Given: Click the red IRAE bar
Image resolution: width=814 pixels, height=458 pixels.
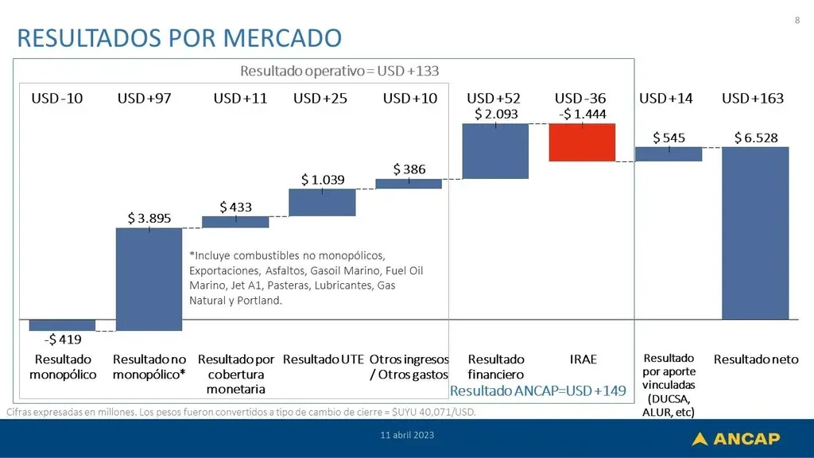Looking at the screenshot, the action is tap(582, 142).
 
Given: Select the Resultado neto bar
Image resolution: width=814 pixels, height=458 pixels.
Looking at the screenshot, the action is tap(755, 233).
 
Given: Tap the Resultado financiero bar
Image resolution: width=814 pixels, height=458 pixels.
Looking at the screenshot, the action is tap(495, 151).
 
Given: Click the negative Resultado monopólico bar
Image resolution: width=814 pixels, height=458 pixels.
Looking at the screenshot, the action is tap(62, 325).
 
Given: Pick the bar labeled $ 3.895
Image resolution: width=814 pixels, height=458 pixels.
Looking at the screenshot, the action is tap(149, 279).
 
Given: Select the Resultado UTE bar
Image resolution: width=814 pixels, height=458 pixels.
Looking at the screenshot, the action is tap(323, 203).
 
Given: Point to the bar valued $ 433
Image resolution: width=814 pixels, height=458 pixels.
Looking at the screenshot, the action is tap(235, 223).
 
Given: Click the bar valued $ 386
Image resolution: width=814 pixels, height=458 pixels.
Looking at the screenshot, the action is tap(409, 184).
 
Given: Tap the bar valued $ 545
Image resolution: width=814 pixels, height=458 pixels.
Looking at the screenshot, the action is tap(669, 154).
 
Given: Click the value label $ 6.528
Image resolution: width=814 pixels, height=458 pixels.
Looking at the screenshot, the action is tap(756, 138).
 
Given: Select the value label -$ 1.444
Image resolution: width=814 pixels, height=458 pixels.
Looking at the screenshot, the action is tap(583, 114).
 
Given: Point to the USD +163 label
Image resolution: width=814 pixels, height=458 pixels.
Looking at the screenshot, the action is tap(753, 98).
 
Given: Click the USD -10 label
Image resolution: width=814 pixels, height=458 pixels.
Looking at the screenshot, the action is tap(57, 98).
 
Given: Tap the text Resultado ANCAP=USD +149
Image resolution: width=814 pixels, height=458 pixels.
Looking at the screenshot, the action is tap(538, 390).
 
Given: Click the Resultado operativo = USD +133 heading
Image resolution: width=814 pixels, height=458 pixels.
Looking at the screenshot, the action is tap(339, 71).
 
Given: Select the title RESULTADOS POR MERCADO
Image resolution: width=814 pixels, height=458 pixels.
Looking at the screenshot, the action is tap(180, 38).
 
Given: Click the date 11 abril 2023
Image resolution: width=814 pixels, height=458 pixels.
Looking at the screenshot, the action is tap(407, 435).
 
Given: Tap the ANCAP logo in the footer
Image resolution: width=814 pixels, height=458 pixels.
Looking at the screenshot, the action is tap(735, 439).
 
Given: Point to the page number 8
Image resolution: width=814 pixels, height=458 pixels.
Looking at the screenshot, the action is tap(797, 20).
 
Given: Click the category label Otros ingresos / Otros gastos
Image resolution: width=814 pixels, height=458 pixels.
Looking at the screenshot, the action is tap(409, 367).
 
